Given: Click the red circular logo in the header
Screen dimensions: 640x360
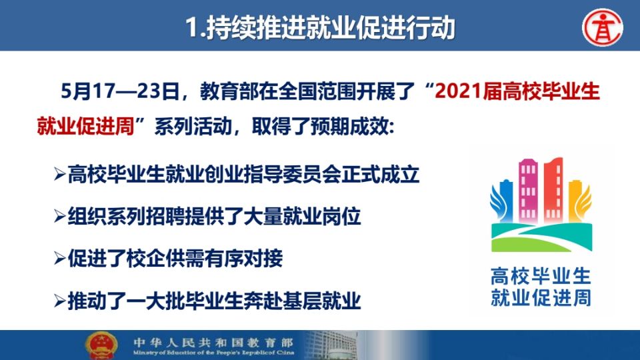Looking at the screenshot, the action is (x=603, y=27).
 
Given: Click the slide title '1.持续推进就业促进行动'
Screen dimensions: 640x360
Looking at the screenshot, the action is (x=320, y=27).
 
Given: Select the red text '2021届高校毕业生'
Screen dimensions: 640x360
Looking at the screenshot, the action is (x=517, y=91).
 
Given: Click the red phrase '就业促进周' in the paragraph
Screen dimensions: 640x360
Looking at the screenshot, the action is (x=86, y=126).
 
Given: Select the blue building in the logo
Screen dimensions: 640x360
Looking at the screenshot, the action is (x=505, y=201).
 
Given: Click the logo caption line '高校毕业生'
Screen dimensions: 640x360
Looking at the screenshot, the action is (x=541, y=276).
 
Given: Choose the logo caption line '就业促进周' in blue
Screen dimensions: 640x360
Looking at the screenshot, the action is (x=541, y=297).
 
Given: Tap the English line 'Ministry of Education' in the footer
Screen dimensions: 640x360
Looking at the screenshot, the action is (x=213, y=353).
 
